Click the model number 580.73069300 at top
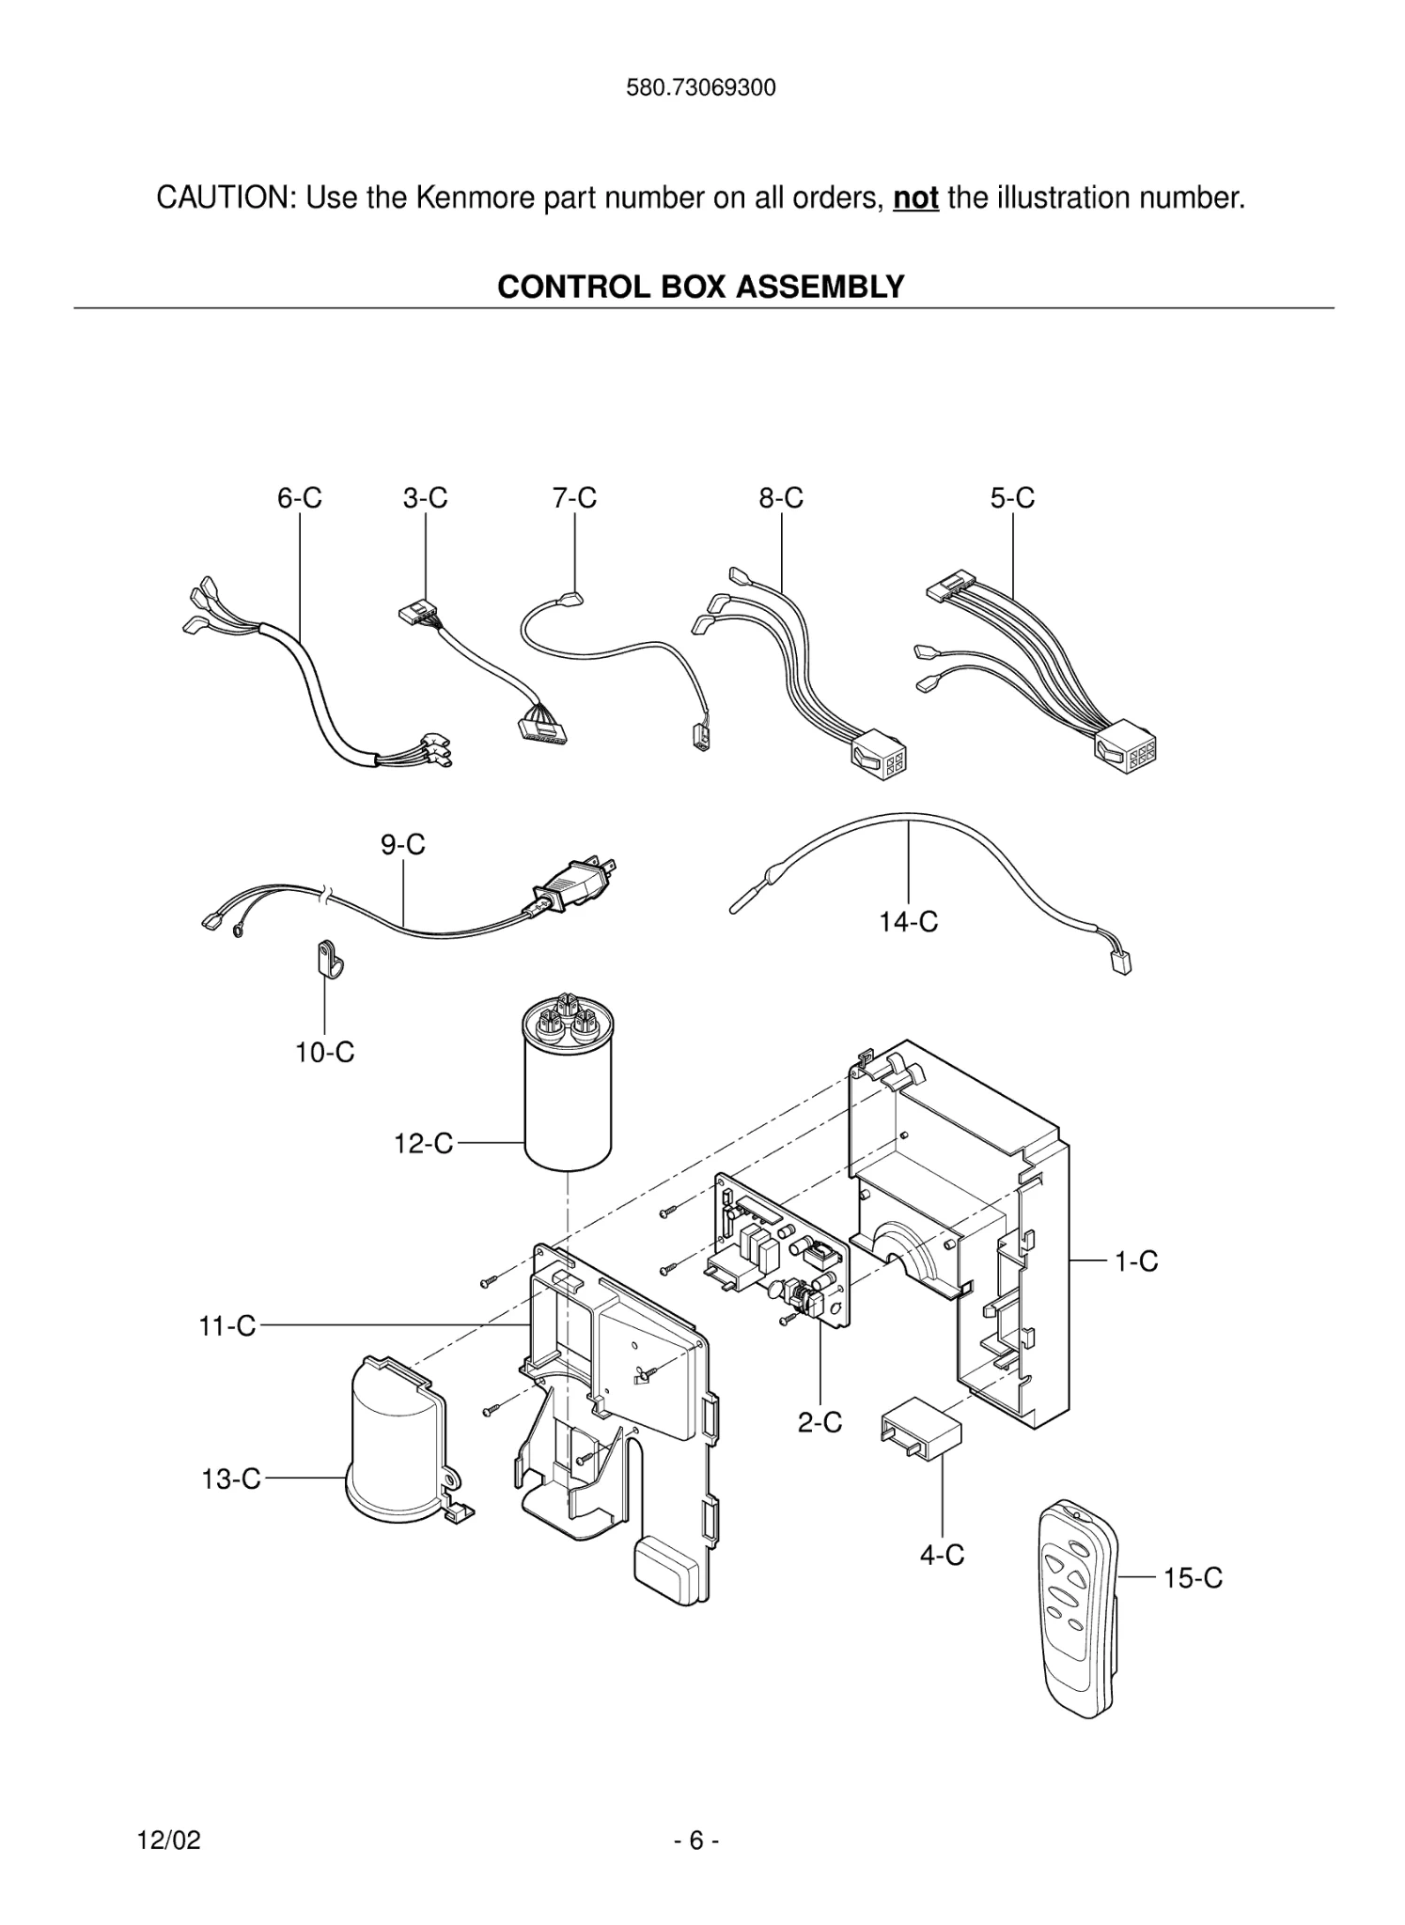[x=701, y=88]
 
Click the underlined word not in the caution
[x=915, y=198]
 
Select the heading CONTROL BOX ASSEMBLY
[x=701, y=287]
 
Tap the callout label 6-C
[x=299, y=498]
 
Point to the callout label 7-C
[x=574, y=498]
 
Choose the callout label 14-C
[x=908, y=922]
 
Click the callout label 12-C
[x=423, y=1144]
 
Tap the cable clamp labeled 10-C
[x=325, y=960]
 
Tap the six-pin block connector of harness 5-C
[x=1124, y=750]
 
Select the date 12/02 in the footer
[x=169, y=1840]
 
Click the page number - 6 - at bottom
[x=696, y=1840]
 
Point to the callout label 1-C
[x=1136, y=1261]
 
